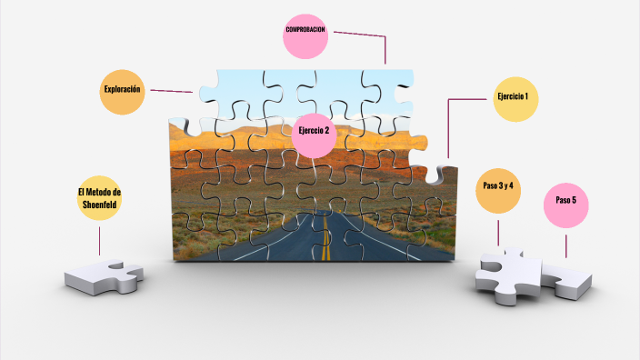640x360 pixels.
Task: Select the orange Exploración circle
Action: coord(123,91)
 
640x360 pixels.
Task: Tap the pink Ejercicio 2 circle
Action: coord(314,132)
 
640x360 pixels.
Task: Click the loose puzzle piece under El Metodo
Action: coord(104,275)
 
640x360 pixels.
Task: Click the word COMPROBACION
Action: coord(305,30)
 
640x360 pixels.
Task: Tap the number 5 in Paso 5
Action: coord(575,199)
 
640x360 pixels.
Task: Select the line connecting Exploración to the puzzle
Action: coord(171,91)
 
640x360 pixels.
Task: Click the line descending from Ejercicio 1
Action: coord(449,127)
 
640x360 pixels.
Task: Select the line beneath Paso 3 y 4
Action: coord(497,231)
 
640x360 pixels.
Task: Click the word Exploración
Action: coord(122,89)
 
